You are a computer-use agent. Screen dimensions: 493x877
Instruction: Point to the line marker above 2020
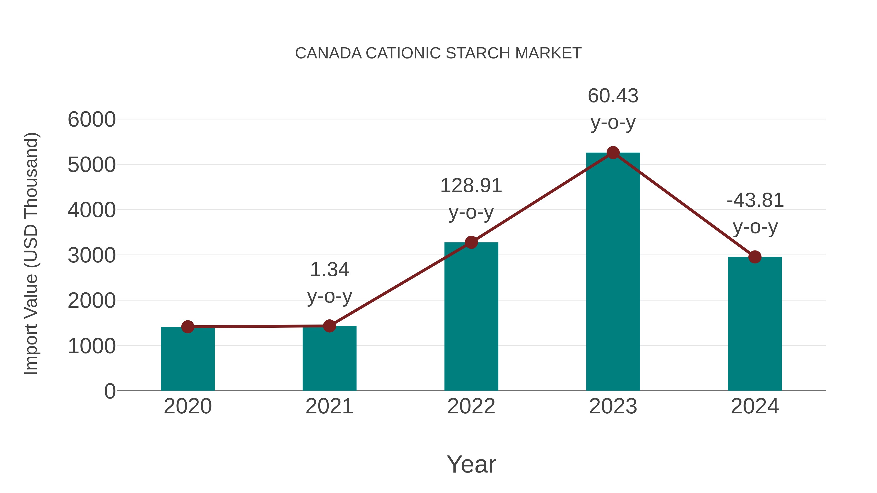point(188,327)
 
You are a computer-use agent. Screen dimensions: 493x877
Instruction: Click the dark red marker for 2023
point(613,153)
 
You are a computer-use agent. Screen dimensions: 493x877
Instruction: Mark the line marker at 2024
point(754,257)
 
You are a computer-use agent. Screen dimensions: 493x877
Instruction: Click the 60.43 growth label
point(613,109)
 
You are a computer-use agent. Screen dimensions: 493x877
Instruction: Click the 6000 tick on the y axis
point(92,120)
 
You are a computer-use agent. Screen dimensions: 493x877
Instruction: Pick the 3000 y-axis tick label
point(92,255)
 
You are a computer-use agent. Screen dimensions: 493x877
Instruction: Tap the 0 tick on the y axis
point(110,391)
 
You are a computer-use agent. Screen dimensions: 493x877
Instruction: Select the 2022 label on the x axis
point(471,406)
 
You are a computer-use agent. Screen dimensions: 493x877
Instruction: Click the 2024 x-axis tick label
point(754,406)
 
